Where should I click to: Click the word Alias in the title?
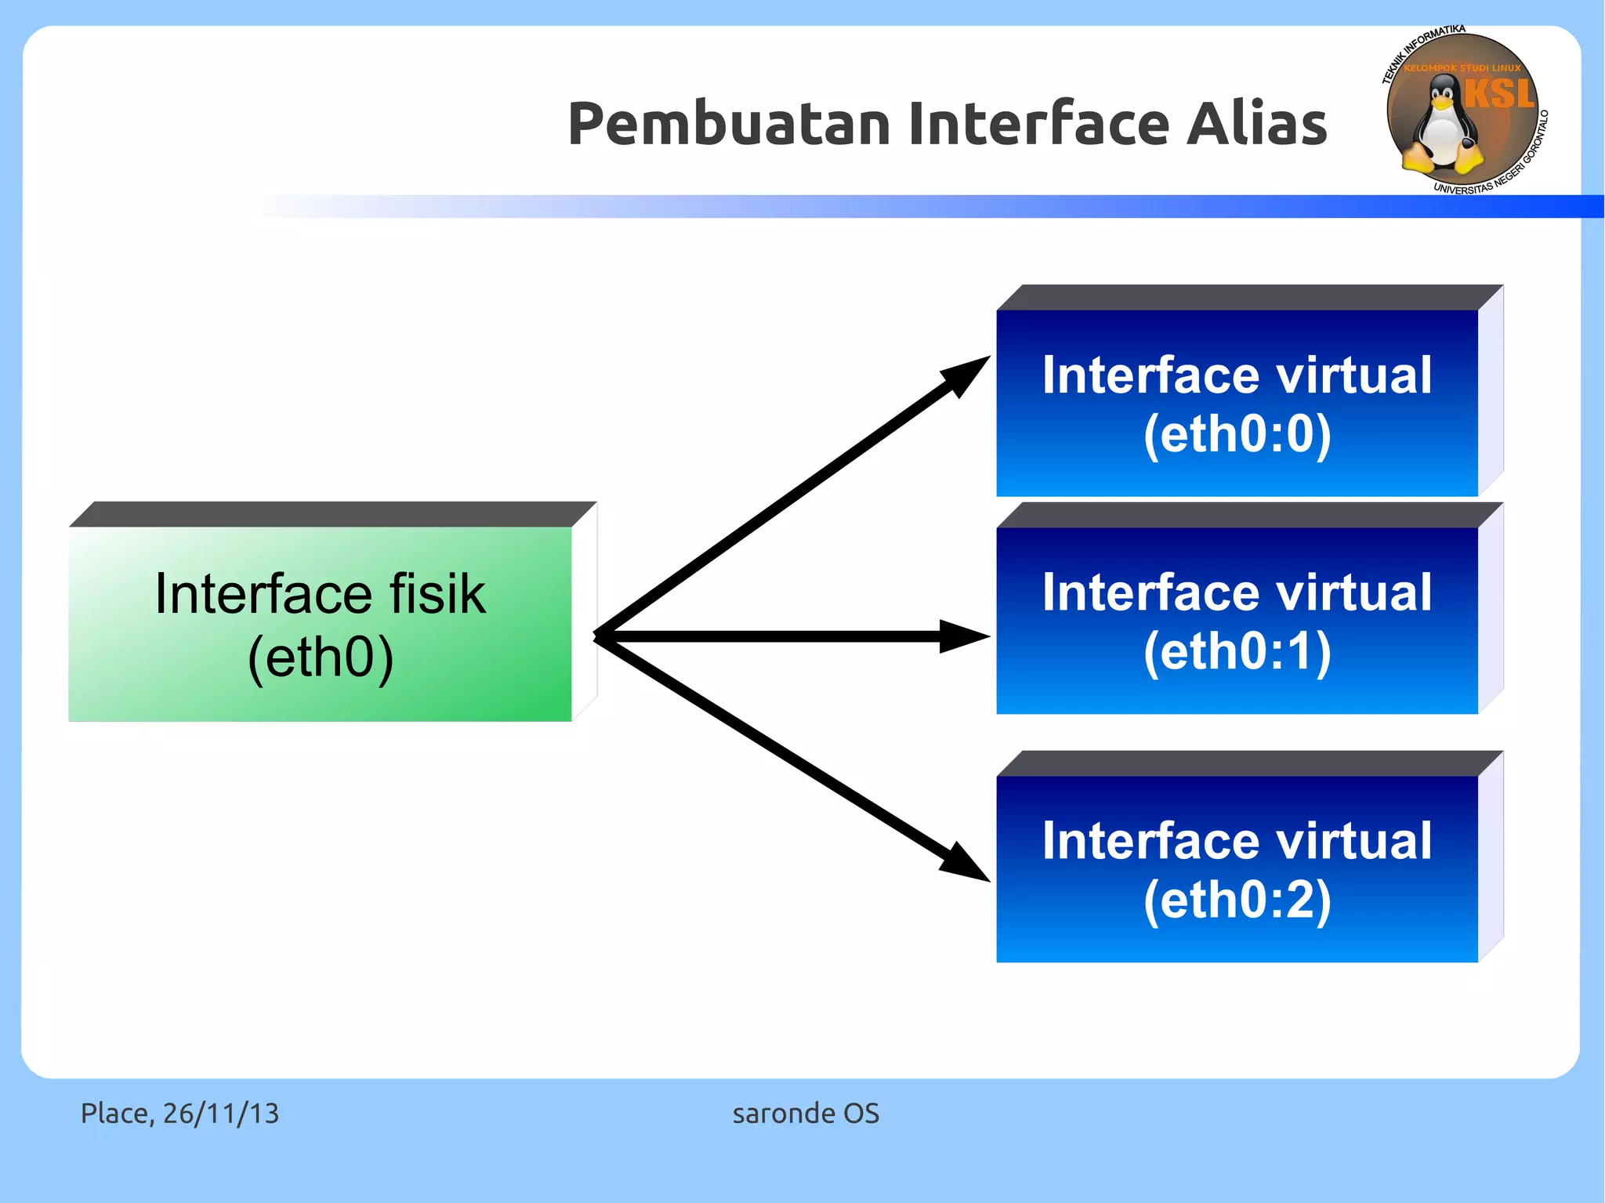[x=1256, y=124]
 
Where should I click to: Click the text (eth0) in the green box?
[x=321, y=657]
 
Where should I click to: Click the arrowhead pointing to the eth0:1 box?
[x=964, y=636]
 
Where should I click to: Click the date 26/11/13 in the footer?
[x=221, y=1113]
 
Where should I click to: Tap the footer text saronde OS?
[x=806, y=1113]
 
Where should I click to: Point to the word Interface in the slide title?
[x=1038, y=124]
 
